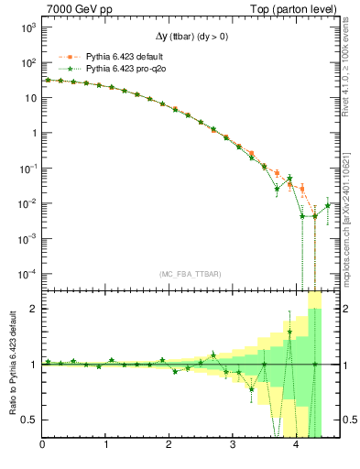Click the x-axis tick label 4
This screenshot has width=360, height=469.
296,446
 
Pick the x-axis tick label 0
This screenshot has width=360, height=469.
43,446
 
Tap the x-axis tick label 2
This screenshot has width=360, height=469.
169,446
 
